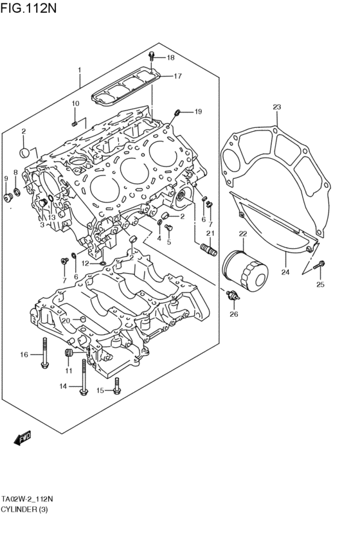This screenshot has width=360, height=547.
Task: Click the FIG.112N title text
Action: click(28, 8)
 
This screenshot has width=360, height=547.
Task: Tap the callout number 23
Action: click(276, 107)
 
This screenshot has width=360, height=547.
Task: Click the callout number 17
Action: click(177, 76)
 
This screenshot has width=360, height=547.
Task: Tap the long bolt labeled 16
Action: click(44, 352)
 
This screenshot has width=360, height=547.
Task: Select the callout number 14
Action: click(63, 386)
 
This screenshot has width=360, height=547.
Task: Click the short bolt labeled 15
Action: click(117, 386)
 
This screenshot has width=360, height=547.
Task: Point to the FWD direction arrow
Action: click(22, 438)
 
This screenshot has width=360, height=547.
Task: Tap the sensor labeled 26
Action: click(233, 296)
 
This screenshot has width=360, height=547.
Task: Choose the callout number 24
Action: click(285, 272)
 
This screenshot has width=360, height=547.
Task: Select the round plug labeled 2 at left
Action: click(24, 152)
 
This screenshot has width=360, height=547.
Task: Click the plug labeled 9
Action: click(8, 197)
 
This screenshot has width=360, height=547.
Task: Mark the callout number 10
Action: click(75, 103)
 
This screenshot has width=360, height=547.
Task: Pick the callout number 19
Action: click(198, 112)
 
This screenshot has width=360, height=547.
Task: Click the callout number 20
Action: click(66, 320)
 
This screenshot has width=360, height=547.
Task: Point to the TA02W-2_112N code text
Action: click(27, 498)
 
